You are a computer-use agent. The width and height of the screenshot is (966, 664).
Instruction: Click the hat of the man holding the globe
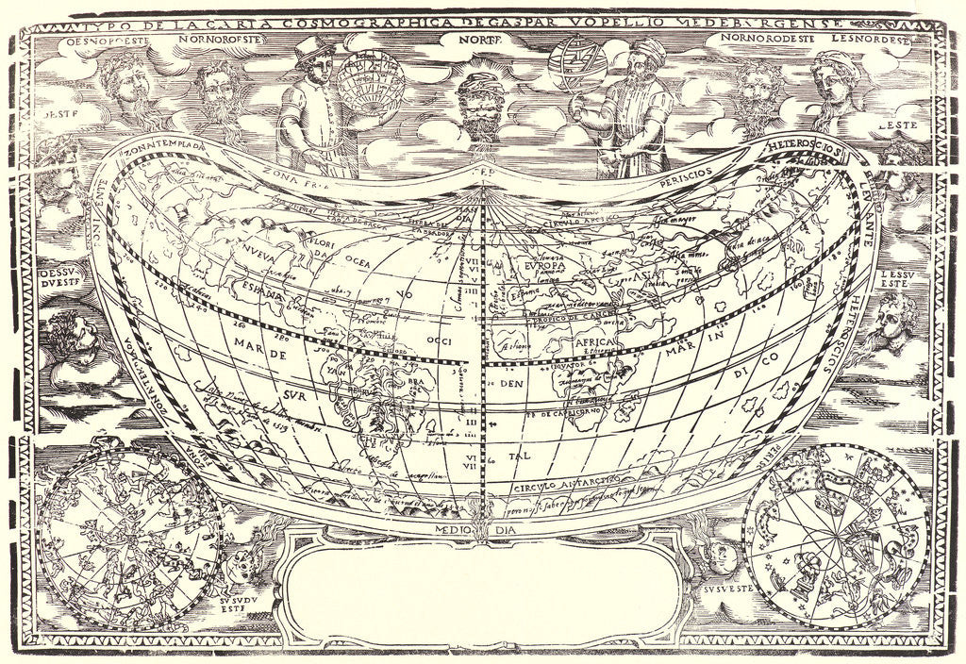(x=308, y=48)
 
